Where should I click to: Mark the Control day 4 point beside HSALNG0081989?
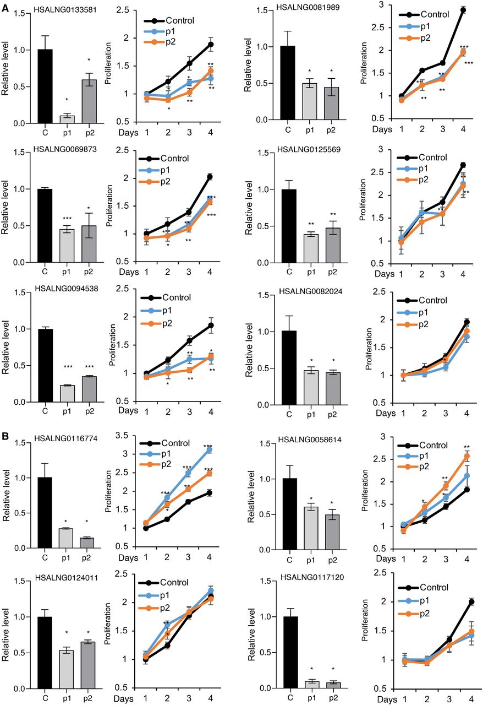tap(463, 10)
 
